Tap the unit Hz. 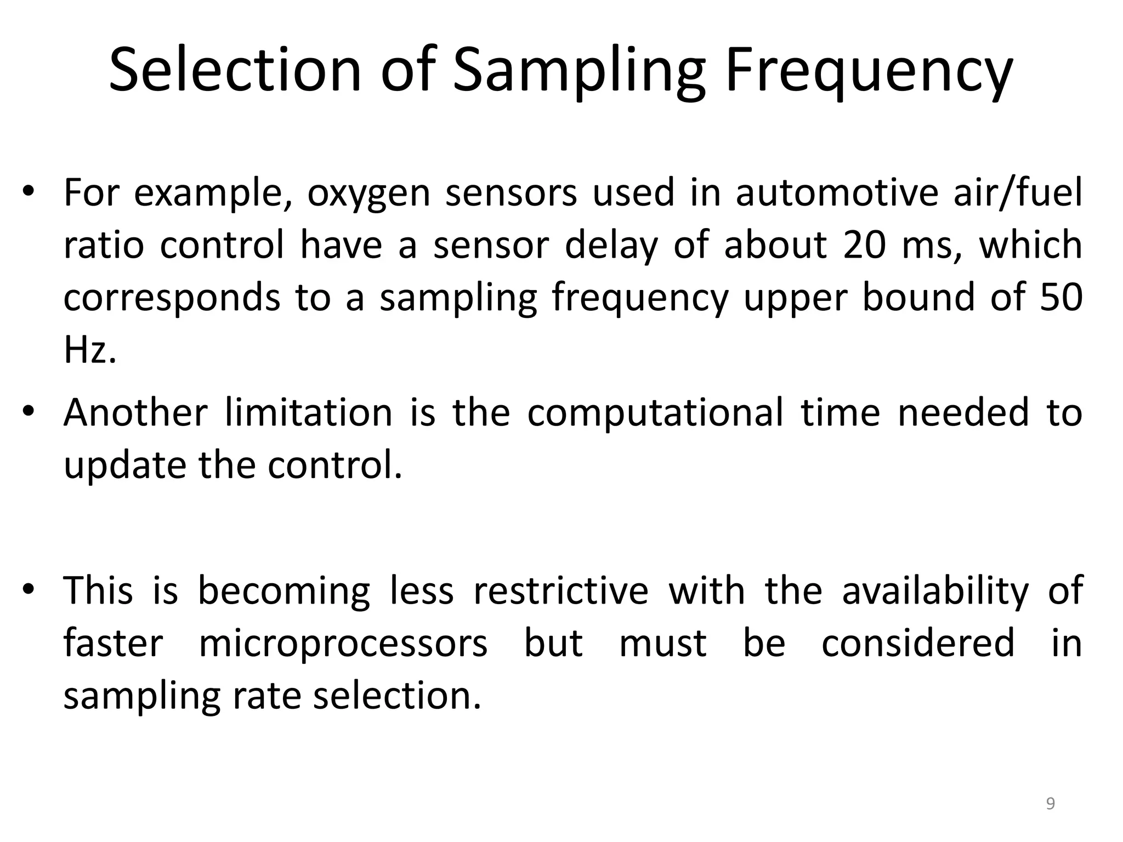(89, 349)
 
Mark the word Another (135, 412)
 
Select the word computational (655, 413)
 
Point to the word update (124, 465)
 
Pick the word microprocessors (343, 643)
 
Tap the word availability (935, 591)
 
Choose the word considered (918, 643)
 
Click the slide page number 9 (1050, 804)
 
